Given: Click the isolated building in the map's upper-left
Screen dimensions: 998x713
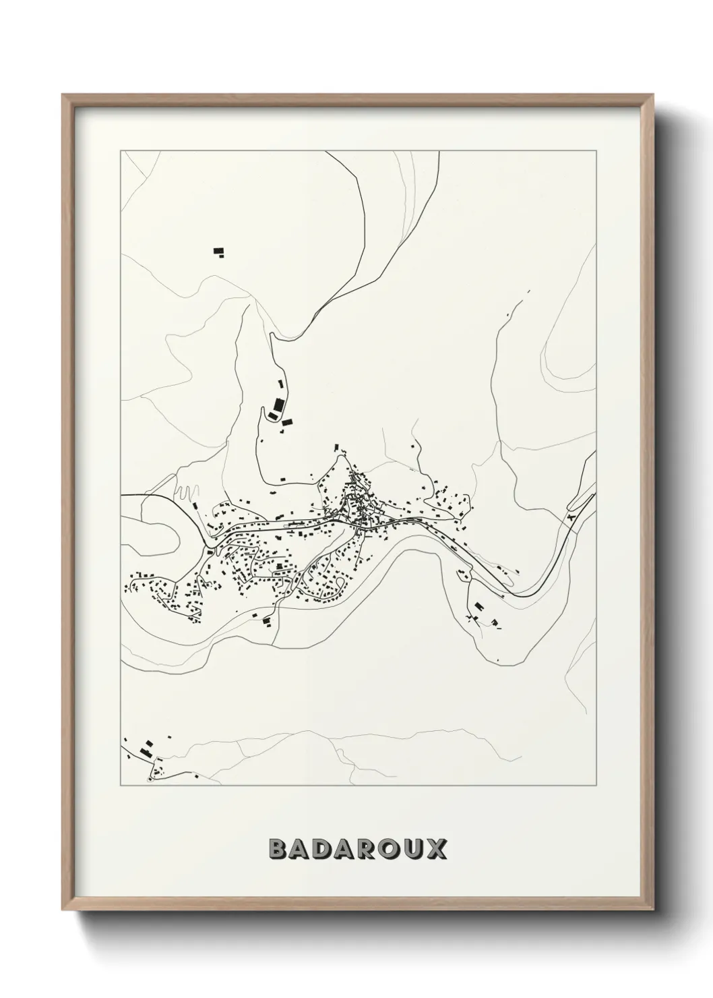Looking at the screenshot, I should [x=218, y=252].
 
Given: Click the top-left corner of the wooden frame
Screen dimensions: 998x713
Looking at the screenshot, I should [x=63, y=95].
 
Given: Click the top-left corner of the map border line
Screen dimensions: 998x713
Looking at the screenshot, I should [x=120, y=152].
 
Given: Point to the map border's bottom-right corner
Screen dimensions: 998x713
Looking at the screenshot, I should [x=596, y=786].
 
